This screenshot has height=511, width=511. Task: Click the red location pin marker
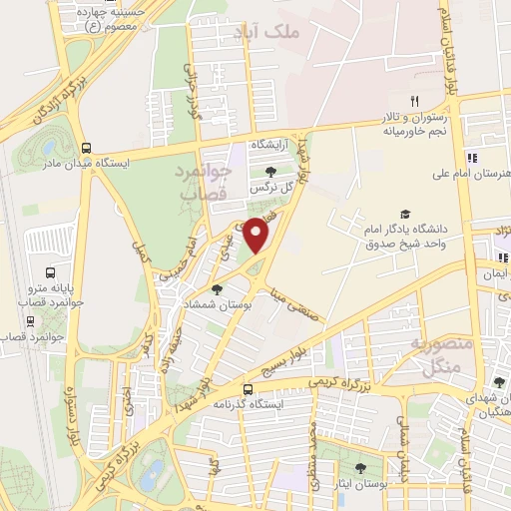(256, 234)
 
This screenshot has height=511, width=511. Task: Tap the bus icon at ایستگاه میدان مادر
(88, 146)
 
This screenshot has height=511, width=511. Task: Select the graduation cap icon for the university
(405, 213)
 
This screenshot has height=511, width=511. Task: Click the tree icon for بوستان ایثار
(360, 468)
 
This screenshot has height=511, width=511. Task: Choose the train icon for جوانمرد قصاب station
(30, 321)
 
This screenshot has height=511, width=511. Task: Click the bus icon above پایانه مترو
(51, 272)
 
